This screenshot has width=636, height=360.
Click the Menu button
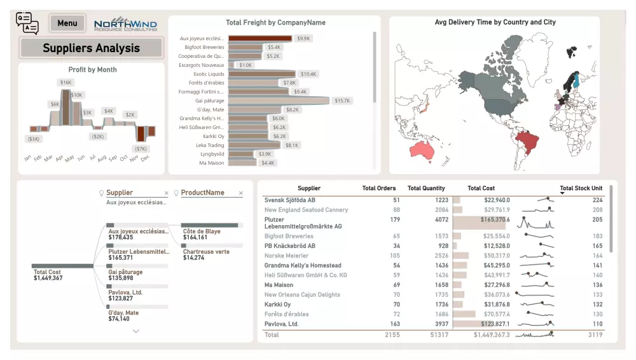(x=67, y=24)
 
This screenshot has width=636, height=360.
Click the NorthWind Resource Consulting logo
(x=125, y=24)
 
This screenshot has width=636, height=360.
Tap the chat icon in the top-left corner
(x=27, y=23)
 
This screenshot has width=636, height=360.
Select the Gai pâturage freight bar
(x=279, y=100)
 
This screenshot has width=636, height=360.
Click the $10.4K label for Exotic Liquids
(x=308, y=74)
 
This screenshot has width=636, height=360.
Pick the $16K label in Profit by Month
(x=66, y=83)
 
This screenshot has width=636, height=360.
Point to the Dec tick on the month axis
(x=145, y=157)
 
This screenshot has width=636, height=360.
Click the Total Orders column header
(x=379, y=188)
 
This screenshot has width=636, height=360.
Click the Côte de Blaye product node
(x=202, y=232)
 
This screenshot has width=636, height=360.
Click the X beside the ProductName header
(x=240, y=193)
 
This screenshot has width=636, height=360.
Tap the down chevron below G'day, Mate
(x=135, y=331)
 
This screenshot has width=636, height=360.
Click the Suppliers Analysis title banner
(x=91, y=48)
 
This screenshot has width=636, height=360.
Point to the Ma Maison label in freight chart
(x=212, y=163)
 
